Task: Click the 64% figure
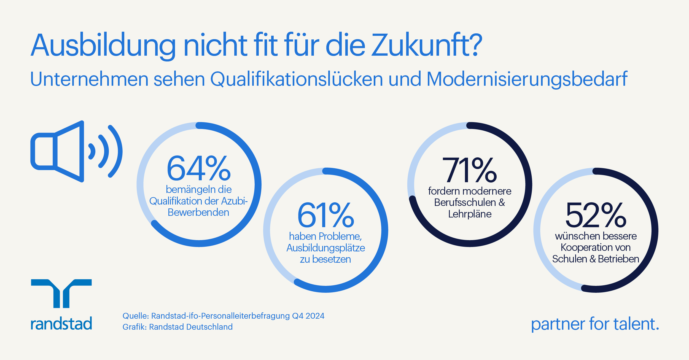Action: [x=198, y=168]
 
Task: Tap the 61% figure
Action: [x=325, y=215]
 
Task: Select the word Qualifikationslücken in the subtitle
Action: [x=297, y=79]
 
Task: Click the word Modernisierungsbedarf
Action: [x=527, y=79]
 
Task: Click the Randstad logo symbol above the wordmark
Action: [x=61, y=293]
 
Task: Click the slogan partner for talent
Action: [x=595, y=324]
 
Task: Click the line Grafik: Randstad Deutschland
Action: [x=177, y=327]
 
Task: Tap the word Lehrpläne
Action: [x=470, y=214]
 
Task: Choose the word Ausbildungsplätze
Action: [x=325, y=248]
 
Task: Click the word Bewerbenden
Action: [x=198, y=213]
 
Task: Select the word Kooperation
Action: [x=582, y=248]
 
